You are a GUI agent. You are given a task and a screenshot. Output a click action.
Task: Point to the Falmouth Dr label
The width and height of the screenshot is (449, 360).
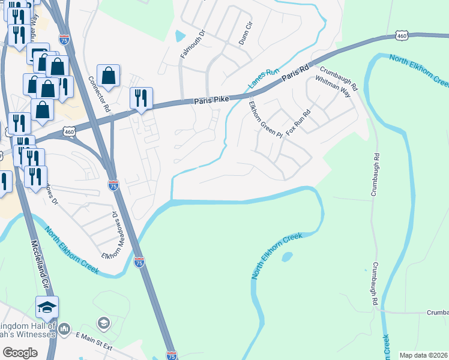[188, 43]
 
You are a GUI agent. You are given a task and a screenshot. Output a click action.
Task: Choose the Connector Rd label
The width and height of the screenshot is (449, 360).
[98, 94]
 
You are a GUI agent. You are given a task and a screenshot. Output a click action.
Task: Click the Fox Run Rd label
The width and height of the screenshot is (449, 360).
[298, 122]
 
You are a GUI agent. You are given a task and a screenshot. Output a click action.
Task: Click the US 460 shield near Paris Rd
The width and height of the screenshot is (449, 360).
[402, 36]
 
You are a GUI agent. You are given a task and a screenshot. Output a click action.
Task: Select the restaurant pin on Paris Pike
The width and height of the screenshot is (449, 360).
[141, 98]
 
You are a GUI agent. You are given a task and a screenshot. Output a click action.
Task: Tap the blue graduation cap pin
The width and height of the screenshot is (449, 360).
[47, 307]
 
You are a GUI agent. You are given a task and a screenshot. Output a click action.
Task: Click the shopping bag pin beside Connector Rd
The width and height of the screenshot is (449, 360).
[108, 76]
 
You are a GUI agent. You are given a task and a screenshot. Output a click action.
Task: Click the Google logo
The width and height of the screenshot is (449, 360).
[20, 352]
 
